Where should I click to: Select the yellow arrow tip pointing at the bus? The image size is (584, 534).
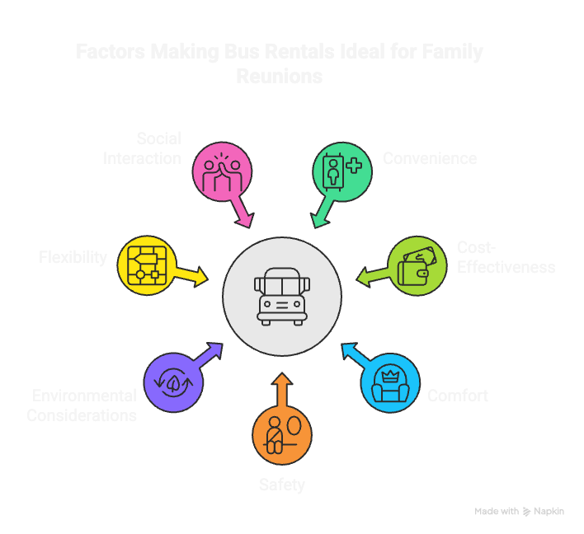click(202, 276)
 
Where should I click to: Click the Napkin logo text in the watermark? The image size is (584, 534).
click(549, 512)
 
